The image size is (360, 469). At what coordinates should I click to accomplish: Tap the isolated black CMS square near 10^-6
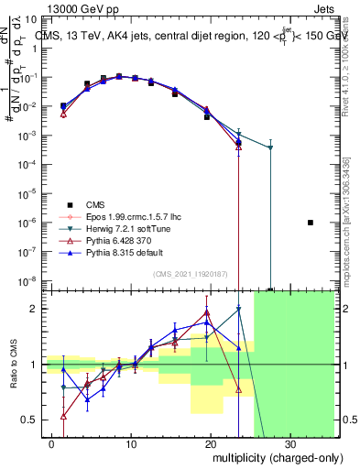tap(311, 223)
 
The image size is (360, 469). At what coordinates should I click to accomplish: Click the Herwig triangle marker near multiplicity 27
tap(270, 147)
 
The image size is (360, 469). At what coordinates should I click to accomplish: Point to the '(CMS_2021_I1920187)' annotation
tap(191, 274)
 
